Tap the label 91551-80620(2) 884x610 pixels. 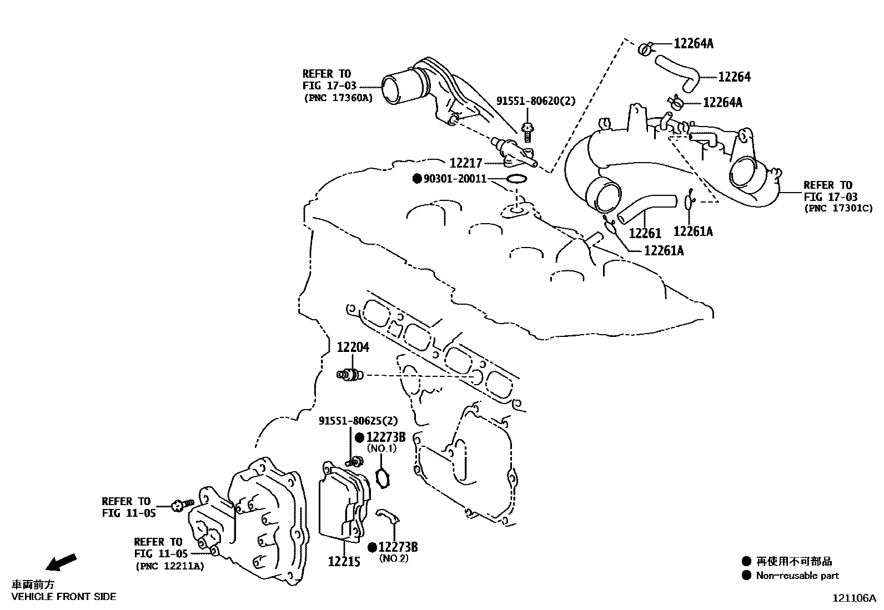click(535, 101)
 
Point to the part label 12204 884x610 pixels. click(353, 347)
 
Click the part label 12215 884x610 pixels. click(344, 561)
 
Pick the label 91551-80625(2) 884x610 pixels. click(358, 421)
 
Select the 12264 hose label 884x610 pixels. click(734, 77)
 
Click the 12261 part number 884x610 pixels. click(645, 233)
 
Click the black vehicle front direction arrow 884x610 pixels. click(61, 562)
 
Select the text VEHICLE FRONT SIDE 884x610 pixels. click(64, 597)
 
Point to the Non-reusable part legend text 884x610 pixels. click(797, 576)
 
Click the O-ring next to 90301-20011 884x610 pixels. click(516, 179)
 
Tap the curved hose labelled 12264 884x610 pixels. click(677, 72)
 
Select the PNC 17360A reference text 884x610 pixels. click(338, 98)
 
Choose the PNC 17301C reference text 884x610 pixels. click(838, 209)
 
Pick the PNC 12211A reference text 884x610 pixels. click(169, 566)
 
